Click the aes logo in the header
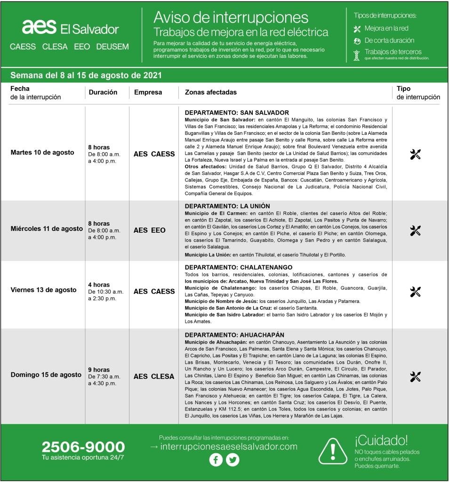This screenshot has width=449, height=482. pos(39,27)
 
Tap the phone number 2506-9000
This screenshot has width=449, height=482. pos(83,447)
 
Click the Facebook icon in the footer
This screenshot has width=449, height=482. pos(216,460)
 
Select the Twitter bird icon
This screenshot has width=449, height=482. pos(233,460)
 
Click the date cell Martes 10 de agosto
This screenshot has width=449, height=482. pos(42,153)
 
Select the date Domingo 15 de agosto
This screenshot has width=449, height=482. pos(46,375)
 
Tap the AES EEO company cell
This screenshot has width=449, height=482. pos(150,230)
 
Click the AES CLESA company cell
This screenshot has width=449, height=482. pos(154,376)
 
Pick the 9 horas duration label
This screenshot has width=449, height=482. pos(99,370)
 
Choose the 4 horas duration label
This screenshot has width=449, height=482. pos(99,285)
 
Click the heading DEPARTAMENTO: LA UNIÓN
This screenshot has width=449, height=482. pos(227,206)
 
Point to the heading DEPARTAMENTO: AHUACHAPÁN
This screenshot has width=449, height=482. pos(234,335)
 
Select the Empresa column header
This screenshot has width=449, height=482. pos(148,93)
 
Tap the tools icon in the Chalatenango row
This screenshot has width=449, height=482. pos(415,292)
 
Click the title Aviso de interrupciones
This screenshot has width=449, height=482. pos(231,18)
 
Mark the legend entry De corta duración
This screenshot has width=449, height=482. pos(389,41)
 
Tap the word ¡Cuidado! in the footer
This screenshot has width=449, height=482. pos(381,441)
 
